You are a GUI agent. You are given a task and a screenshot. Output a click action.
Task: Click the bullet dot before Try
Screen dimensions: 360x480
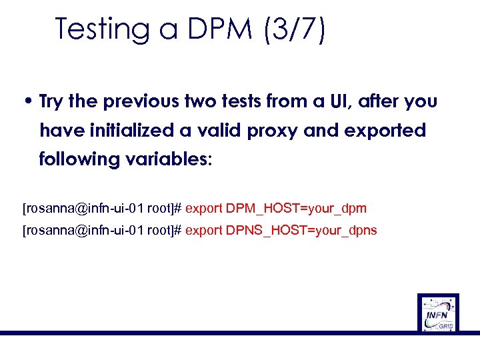29,102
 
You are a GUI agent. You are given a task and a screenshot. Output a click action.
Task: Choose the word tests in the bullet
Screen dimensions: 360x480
235,102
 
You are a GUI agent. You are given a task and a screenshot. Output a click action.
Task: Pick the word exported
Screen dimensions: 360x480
385,131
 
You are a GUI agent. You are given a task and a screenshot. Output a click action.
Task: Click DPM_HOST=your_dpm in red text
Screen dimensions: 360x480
296,209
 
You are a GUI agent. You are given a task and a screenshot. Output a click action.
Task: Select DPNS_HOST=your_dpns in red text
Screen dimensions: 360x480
301,231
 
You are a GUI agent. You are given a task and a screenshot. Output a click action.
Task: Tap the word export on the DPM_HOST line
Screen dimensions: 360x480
204,209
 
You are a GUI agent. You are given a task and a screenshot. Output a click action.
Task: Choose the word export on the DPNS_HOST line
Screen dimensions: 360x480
204,231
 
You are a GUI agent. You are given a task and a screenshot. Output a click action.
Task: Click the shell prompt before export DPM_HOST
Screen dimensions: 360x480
103,209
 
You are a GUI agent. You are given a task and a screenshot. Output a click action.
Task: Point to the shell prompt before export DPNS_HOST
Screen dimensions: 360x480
103,231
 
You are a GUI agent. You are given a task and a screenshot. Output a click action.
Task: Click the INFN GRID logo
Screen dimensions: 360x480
438,312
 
